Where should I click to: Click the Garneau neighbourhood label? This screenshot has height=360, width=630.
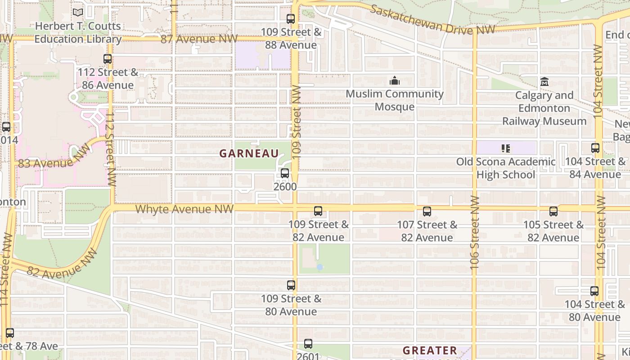pyautogui.click(x=249, y=153)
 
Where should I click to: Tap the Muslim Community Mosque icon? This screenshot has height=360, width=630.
pyautogui.click(x=395, y=81)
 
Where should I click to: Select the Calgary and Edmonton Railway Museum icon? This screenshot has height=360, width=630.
pyautogui.click(x=544, y=82)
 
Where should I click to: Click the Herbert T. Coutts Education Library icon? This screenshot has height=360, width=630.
pyautogui.click(x=78, y=13)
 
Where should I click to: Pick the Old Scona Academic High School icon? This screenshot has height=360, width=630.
pyautogui.click(x=506, y=148)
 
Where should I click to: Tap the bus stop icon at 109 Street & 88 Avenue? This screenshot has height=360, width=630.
pyautogui.click(x=291, y=19)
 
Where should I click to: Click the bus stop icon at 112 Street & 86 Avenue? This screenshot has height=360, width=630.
pyautogui.click(x=107, y=59)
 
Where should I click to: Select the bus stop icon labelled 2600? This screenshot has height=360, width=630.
pyautogui.click(x=284, y=173)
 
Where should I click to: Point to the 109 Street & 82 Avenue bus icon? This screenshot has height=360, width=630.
pyautogui.click(x=318, y=211)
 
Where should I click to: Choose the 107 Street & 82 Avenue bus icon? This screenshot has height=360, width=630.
pyautogui.click(x=427, y=211)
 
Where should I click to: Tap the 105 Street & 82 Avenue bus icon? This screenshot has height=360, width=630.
pyautogui.click(x=553, y=211)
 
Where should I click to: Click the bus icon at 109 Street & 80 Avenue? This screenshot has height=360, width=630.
pyautogui.click(x=291, y=285)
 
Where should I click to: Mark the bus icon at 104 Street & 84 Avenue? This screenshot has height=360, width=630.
pyautogui.click(x=595, y=148)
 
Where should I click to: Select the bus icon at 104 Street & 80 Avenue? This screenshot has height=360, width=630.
pyautogui.click(x=594, y=291)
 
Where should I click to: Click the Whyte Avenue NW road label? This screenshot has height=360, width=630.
pyautogui.click(x=184, y=209)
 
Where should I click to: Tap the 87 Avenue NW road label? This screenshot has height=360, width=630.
pyautogui.click(x=199, y=39)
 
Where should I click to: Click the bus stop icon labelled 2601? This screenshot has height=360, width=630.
pyautogui.click(x=308, y=344)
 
